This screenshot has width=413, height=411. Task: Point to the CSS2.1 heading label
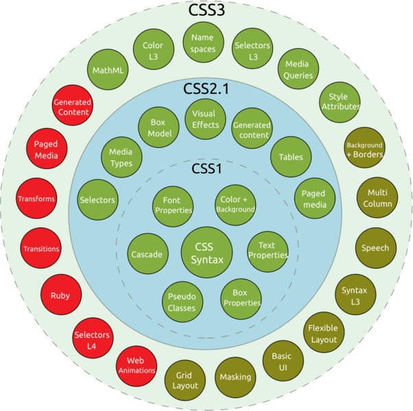coord(206,89)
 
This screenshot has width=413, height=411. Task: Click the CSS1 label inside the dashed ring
coord(206,169)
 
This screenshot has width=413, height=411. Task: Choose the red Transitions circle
coord(41,249)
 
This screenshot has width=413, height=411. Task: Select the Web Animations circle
coord(136,365)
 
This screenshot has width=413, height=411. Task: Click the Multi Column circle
coord(379,198)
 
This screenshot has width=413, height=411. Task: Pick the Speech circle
coord(375,248)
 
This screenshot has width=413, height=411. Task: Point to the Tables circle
coord(291,157)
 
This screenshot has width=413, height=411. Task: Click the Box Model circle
coord(160,128)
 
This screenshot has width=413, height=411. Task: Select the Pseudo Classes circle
coord(182,302)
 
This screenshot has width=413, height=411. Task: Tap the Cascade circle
coord(146,254)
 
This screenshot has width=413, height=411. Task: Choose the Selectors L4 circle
coord(92,340)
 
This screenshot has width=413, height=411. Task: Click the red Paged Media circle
coord(46,149)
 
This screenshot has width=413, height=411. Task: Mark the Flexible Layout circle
coord(322,334)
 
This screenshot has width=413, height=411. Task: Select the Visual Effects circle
coord(205,119)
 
